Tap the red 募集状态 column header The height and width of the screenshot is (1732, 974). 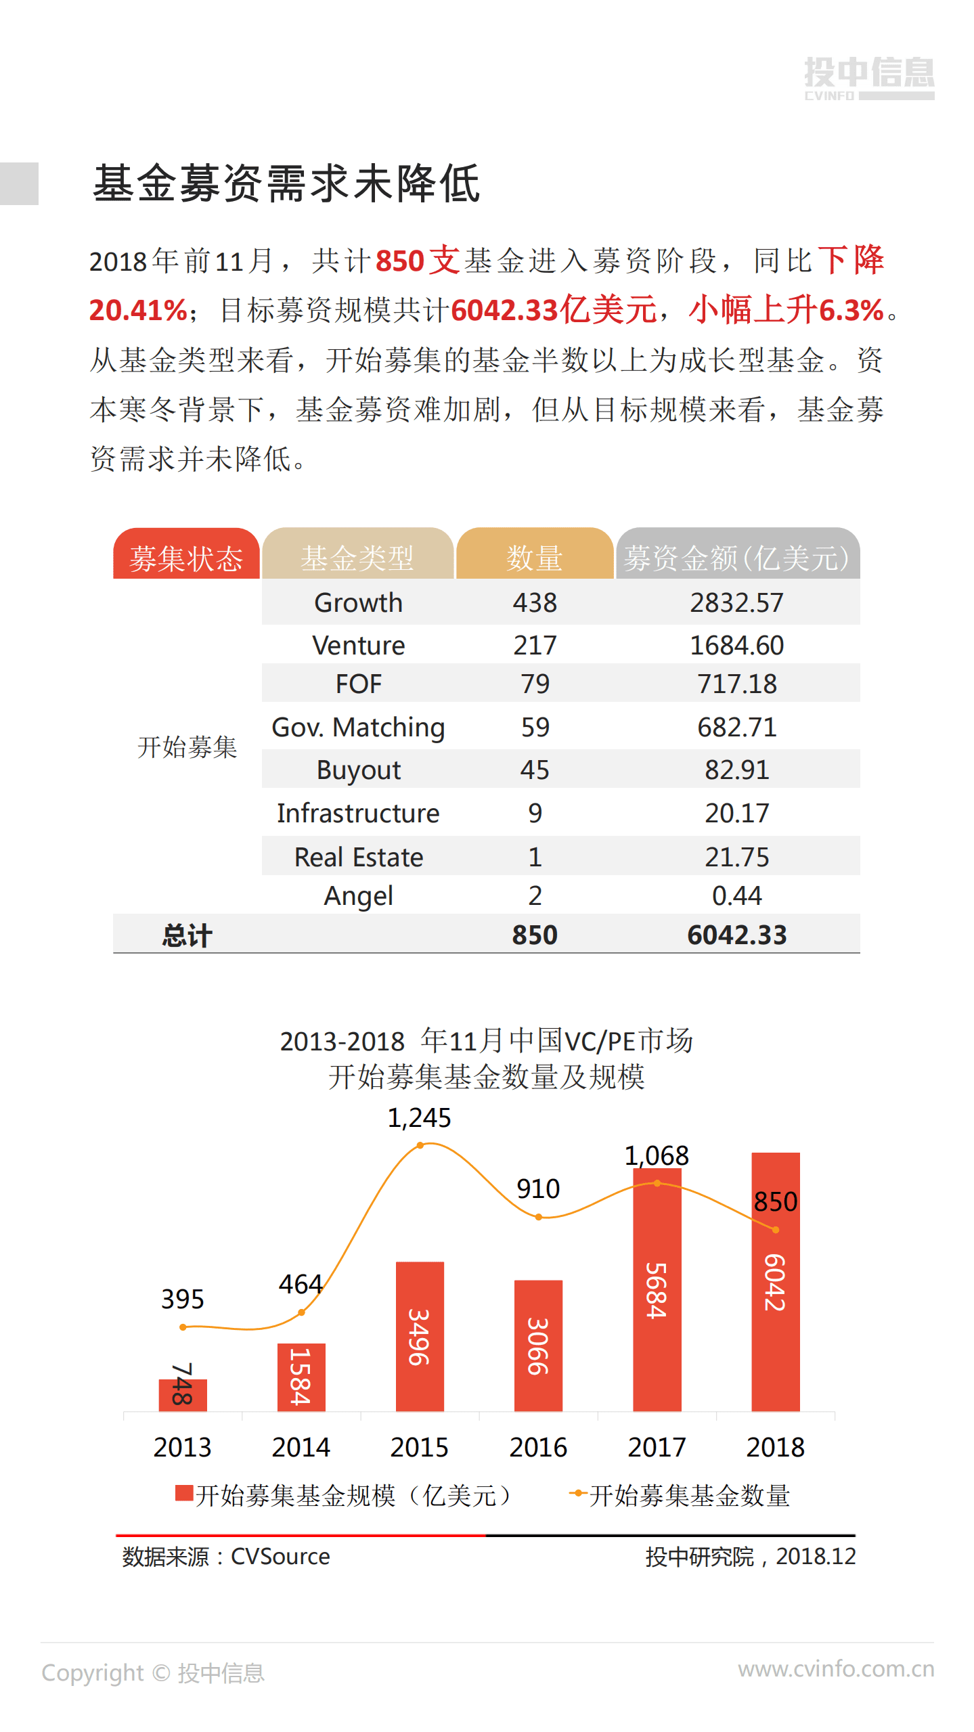coord(186,557)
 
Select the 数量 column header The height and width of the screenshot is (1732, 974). coord(534,557)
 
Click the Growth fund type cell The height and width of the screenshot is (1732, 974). coord(358,602)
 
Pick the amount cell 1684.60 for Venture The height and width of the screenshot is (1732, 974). coord(736,645)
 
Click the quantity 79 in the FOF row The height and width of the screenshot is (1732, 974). coord(535,684)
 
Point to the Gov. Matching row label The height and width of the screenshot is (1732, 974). coord(358,728)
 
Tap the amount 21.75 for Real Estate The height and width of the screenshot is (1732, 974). coord(736,857)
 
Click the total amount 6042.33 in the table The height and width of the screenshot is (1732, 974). coord(736,935)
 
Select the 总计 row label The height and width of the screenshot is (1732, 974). coord(187,935)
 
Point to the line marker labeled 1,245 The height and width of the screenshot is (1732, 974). coord(420,1145)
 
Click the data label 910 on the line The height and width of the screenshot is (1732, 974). coord(538,1189)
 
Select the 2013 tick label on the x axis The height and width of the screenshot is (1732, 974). coord(182,1447)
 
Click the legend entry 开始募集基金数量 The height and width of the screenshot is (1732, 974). coord(689,1496)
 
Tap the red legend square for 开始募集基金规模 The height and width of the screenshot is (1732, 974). coord(184,1493)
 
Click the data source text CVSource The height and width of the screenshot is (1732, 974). coord(280,1557)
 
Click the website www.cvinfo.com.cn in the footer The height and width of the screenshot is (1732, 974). coord(835,1669)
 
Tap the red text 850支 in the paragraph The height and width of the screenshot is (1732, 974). coord(418,261)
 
